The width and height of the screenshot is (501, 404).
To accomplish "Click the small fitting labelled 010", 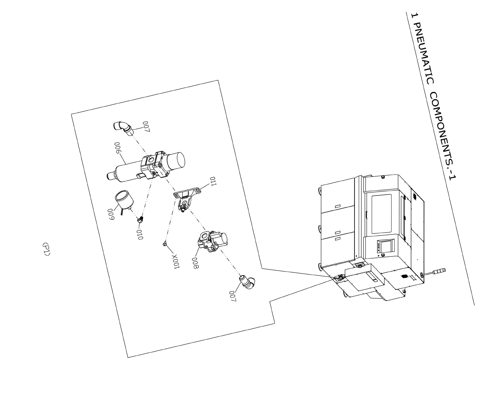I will pyautogui.click(x=141, y=219).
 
